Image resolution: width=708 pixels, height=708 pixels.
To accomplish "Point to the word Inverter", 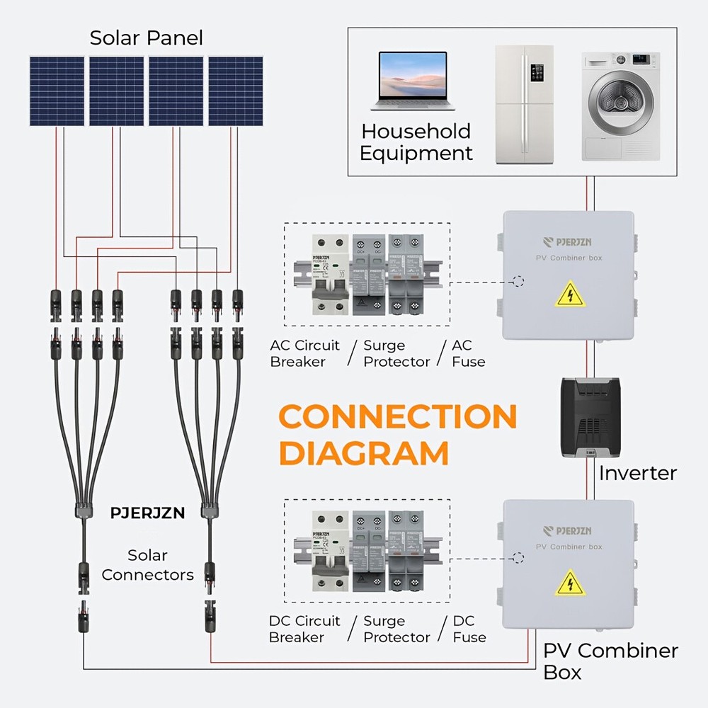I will coord(637,473).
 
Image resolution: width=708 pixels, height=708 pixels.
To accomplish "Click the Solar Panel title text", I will coord(146,38).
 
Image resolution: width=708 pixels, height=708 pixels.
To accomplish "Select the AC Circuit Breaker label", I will coord(305,353).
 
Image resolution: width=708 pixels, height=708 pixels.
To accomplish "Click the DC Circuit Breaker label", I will coord(304,629).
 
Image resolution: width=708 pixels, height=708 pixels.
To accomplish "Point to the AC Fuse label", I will coord(468,353).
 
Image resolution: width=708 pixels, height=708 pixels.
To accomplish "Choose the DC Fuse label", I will coord(469,629).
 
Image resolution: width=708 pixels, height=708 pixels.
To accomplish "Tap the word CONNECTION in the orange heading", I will coord(399,417).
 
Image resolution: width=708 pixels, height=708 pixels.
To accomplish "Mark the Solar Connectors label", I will coord(147,565).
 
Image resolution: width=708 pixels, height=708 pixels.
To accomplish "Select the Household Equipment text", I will coord(416,142).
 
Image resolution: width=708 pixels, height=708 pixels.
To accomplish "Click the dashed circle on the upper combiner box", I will coord(518,282).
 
